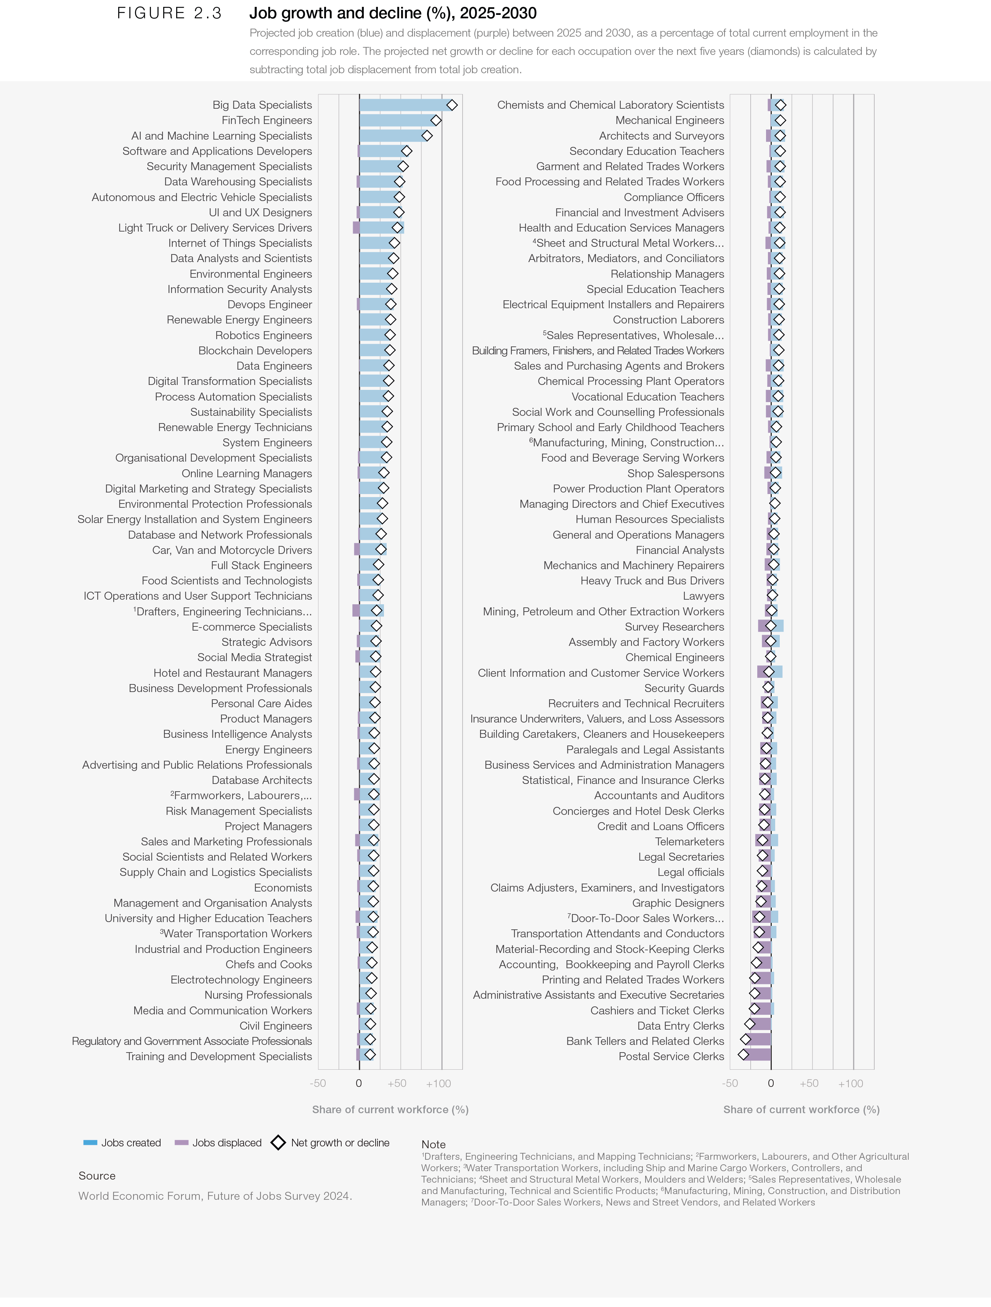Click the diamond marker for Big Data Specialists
(x=452, y=105)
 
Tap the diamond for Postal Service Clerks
(x=744, y=1055)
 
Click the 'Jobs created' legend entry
(x=122, y=1143)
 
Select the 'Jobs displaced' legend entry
(x=218, y=1143)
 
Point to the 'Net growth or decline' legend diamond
(x=278, y=1143)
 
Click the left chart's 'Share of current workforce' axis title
(x=390, y=1110)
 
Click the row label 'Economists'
(x=283, y=887)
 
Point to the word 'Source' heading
(x=97, y=1176)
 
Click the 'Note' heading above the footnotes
(x=434, y=1144)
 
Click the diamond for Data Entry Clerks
(x=750, y=1024)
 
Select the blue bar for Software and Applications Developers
(x=381, y=151)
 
